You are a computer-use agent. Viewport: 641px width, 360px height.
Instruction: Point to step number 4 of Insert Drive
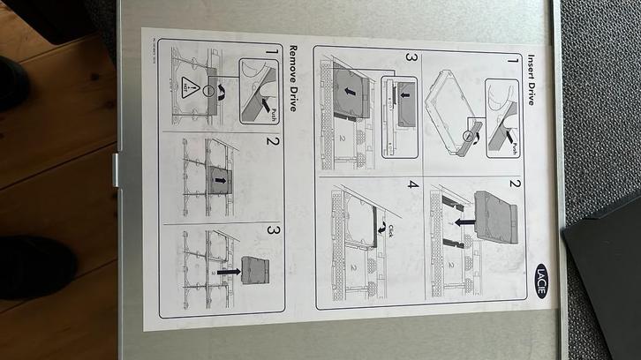click(x=411, y=188)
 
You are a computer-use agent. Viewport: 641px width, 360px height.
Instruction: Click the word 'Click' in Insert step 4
click(x=386, y=231)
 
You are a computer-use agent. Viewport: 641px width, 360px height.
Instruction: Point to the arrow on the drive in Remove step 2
click(x=219, y=179)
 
